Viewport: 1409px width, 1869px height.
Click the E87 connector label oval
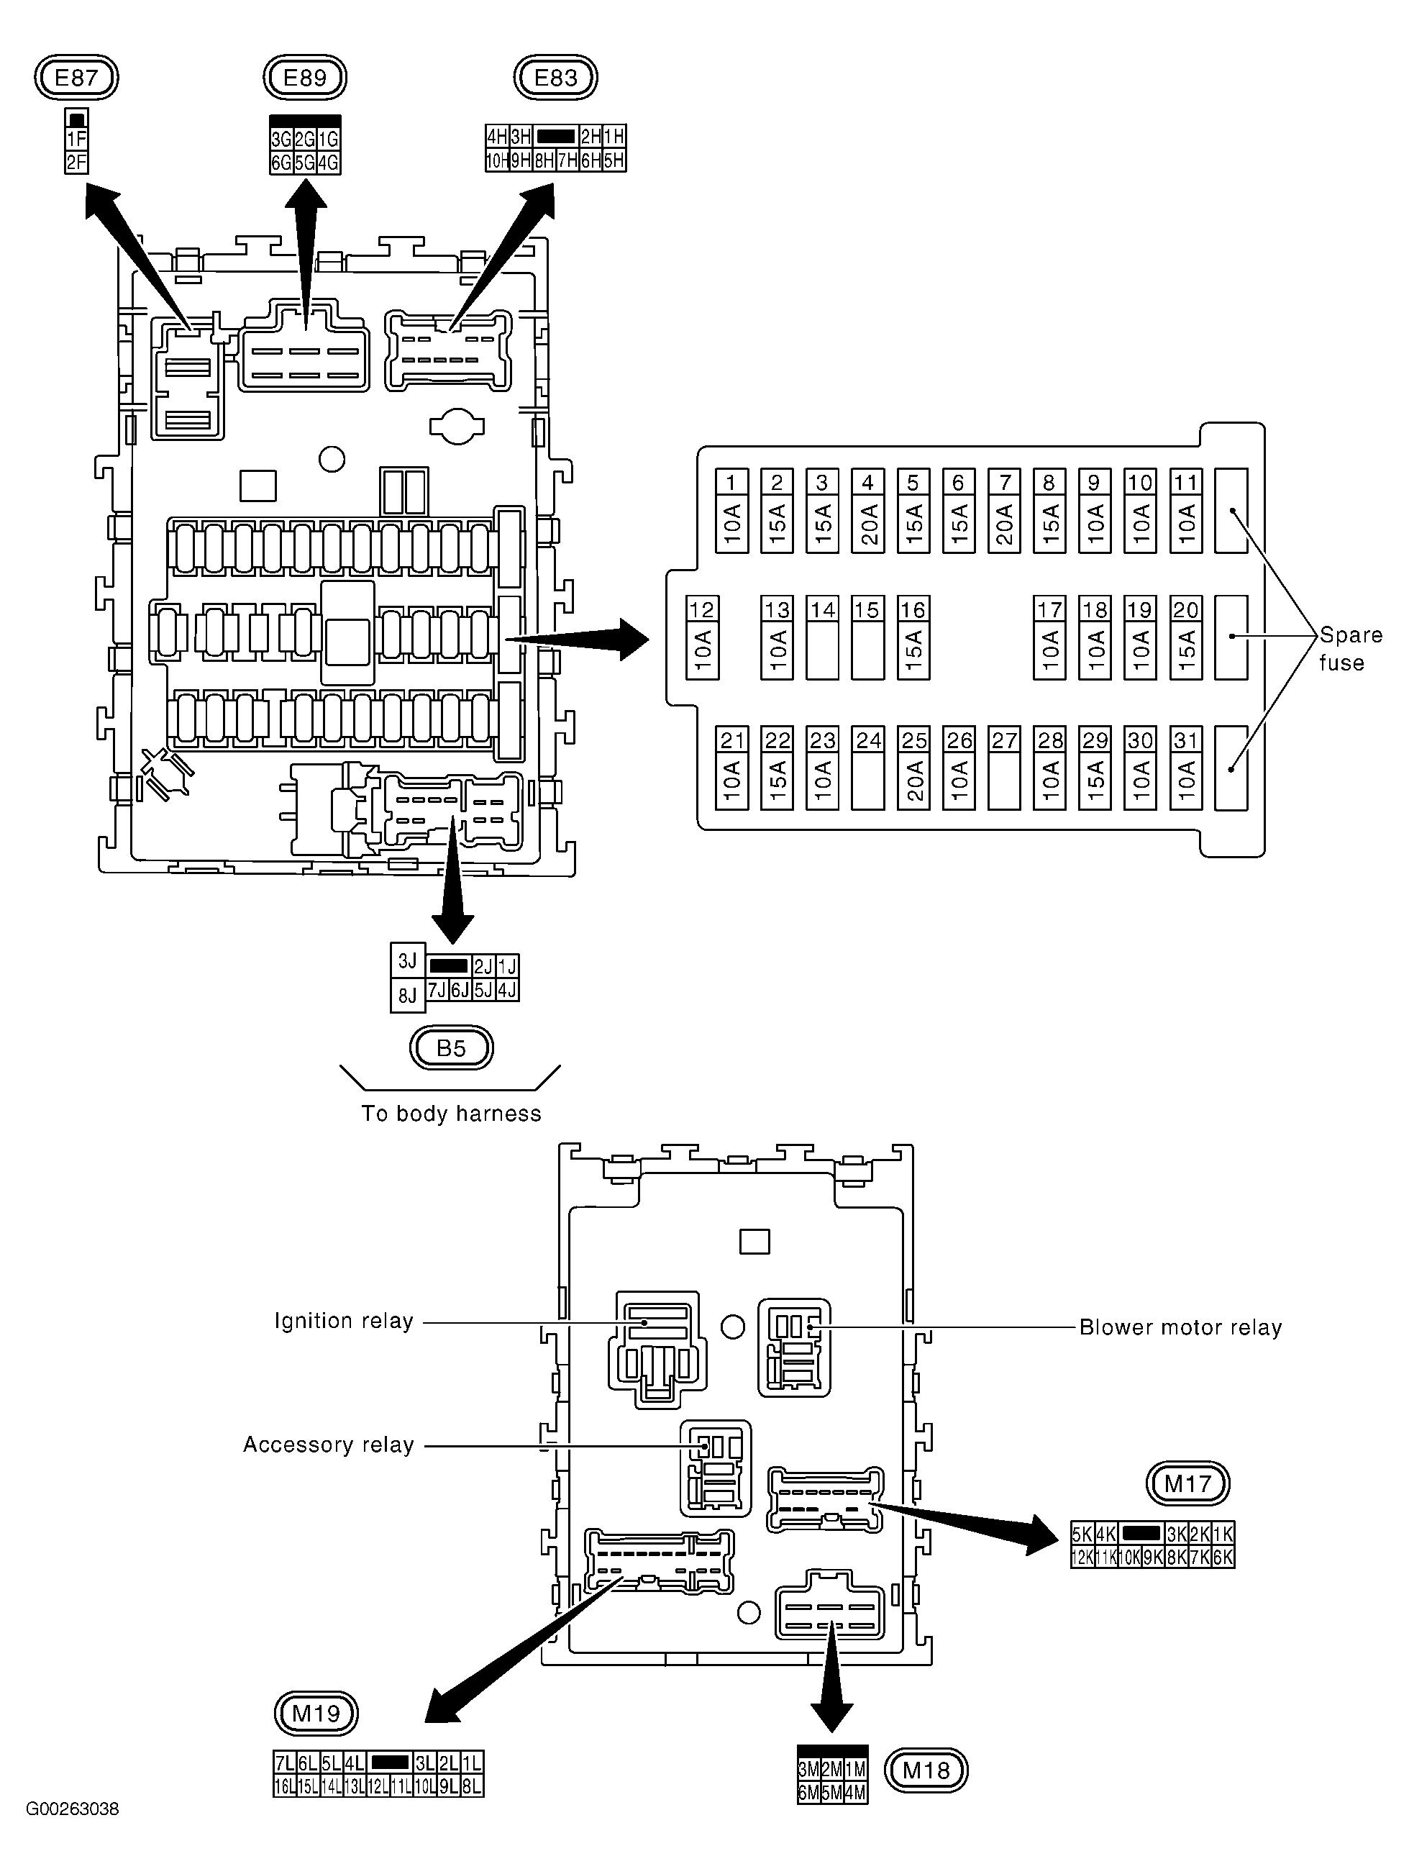76,78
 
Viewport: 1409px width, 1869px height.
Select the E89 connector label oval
305,78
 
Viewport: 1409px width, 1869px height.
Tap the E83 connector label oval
556,78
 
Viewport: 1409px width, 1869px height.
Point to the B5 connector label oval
451,1049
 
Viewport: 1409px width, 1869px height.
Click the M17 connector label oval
1187,1483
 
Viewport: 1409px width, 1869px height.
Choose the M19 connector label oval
316,1714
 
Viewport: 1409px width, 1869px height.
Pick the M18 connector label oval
926,1770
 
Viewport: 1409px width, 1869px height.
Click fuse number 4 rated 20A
867,511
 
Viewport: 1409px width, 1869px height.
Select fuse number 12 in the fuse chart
702,638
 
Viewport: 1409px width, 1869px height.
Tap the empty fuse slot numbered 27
1003,768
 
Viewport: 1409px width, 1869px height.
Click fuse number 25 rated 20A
913,768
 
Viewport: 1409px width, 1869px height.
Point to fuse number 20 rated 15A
1186,638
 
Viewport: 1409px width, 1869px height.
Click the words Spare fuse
1350,649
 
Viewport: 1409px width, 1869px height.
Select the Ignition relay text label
344,1322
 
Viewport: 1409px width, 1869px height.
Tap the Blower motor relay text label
1180,1327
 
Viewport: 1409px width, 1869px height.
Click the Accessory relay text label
329,1445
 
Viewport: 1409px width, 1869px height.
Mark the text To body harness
451,1114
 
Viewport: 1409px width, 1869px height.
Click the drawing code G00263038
73,1809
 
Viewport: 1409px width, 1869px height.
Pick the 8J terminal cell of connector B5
408,996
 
